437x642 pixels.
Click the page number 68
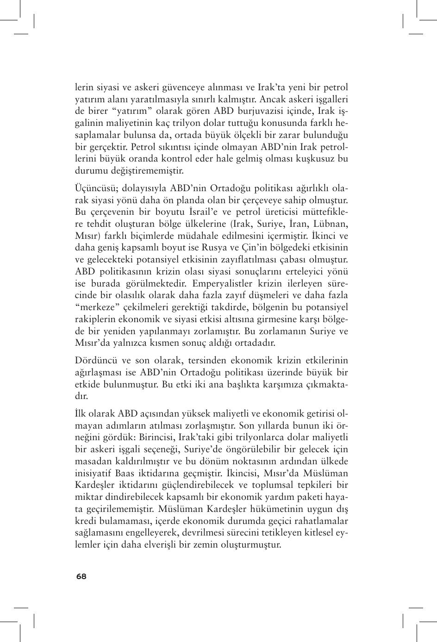[x=81, y=576]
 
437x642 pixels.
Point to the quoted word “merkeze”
[x=93, y=307]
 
